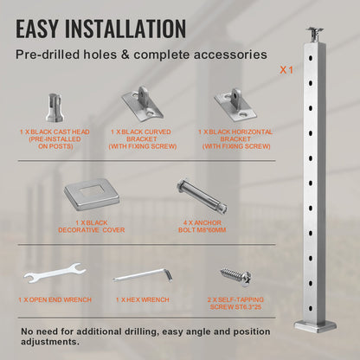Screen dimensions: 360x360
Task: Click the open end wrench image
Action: click(x=54, y=277)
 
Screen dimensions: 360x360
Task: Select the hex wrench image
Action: click(x=144, y=276)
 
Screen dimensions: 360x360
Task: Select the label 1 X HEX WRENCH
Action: click(x=144, y=299)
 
